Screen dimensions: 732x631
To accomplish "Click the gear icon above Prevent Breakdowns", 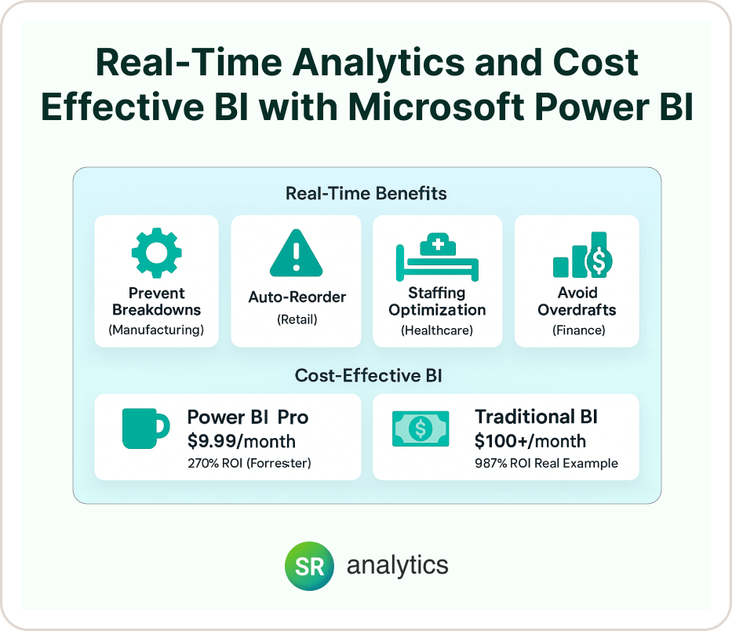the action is pos(156,253).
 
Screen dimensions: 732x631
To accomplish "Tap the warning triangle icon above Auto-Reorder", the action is pos(296,253).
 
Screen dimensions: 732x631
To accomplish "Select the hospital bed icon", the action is pos(438,257).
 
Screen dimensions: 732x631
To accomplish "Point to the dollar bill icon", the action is pos(421,429).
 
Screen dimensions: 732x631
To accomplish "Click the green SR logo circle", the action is pos(310,566).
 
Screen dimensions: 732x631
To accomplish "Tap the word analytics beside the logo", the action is pos(397,566).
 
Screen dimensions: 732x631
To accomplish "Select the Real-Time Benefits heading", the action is pos(366,193).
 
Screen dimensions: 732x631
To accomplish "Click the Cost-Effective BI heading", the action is pos(368,375).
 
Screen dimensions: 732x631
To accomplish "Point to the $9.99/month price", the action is pos(242,441).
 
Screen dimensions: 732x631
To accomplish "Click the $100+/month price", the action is pos(530,441).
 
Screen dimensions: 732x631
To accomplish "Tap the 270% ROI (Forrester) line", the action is pos(249,463).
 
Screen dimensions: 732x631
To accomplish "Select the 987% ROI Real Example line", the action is pos(546,463).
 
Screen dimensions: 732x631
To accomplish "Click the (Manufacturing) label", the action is pos(156,330).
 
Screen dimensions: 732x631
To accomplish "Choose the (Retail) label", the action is pos(297,319).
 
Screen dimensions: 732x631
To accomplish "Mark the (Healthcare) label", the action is pos(437,330).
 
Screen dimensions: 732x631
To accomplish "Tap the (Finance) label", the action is pos(579,330).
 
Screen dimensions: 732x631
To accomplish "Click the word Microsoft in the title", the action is pos(436,107).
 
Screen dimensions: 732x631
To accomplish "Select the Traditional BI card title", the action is pos(536,417).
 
